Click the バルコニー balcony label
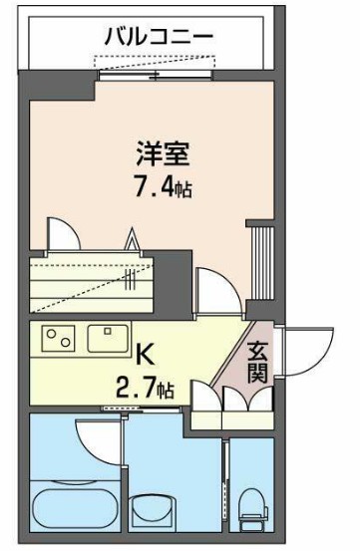coord(159,38)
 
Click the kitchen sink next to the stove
coord(105,339)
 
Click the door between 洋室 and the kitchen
coord(214,289)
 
